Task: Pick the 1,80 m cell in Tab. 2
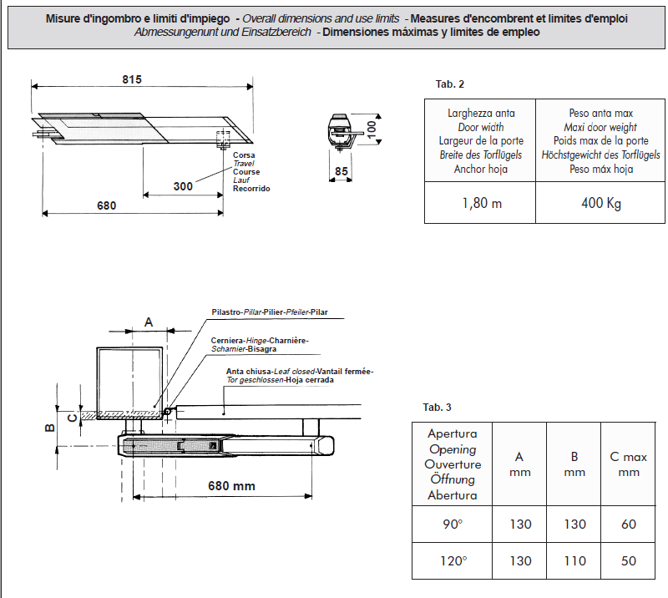pyautogui.click(x=481, y=203)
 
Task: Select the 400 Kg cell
pyautogui.click(x=601, y=203)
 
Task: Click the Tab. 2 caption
pyautogui.click(x=450, y=85)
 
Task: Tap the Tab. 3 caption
pyautogui.click(x=437, y=408)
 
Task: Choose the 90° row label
pyautogui.click(x=452, y=525)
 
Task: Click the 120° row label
pyautogui.click(x=452, y=561)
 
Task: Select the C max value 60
pyautogui.click(x=628, y=525)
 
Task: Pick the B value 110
pyautogui.click(x=574, y=561)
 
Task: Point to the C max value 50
pyautogui.click(x=628, y=561)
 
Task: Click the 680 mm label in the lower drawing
pyautogui.click(x=231, y=485)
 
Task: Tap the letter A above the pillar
pyautogui.click(x=149, y=322)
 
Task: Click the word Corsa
pyautogui.click(x=244, y=156)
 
